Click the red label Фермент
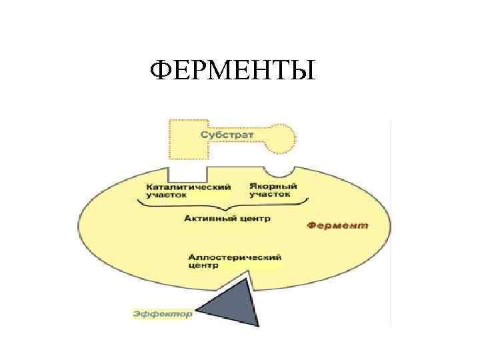[337, 226]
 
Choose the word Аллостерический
[234, 257]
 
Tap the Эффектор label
[163, 313]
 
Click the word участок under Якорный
[270, 195]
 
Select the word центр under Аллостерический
[203, 265]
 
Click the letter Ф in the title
[161, 69]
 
